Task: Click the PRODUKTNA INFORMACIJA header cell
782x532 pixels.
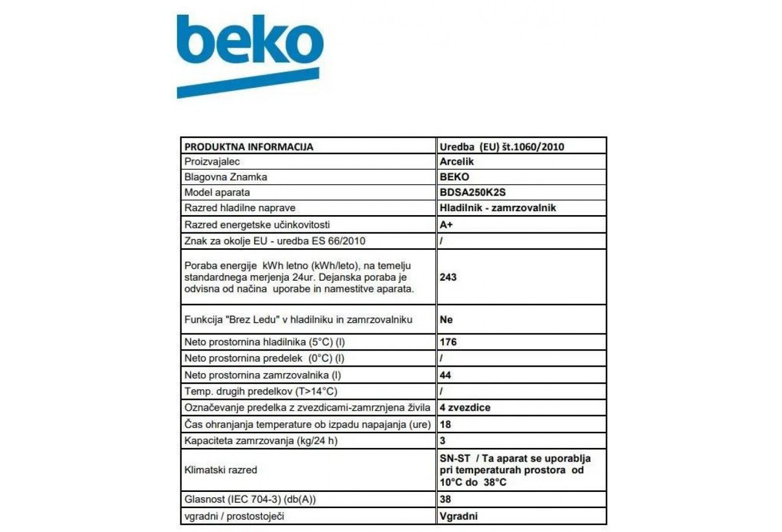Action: point(249,147)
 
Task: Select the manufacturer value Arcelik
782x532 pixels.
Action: point(456,161)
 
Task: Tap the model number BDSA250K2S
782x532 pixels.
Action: point(472,192)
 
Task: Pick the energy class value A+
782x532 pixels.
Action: point(446,224)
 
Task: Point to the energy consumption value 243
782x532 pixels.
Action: point(448,277)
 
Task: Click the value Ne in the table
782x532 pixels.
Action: point(446,320)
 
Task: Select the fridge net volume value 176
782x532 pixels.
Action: point(448,342)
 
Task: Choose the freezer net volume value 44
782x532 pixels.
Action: point(445,375)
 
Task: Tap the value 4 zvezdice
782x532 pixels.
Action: point(465,407)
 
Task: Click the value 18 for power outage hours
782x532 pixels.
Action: point(445,424)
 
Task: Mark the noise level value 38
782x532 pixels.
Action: point(445,499)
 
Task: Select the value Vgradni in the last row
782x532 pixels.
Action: point(458,516)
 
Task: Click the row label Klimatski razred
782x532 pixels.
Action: point(220,470)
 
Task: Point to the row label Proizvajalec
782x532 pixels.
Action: point(212,161)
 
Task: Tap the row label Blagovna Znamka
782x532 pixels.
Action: point(226,177)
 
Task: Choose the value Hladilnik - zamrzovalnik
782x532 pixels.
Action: point(498,208)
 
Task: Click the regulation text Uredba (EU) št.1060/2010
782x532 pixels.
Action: point(501,147)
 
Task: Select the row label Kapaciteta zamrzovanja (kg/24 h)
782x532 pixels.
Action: point(261,441)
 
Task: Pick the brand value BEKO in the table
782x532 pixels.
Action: point(454,177)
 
